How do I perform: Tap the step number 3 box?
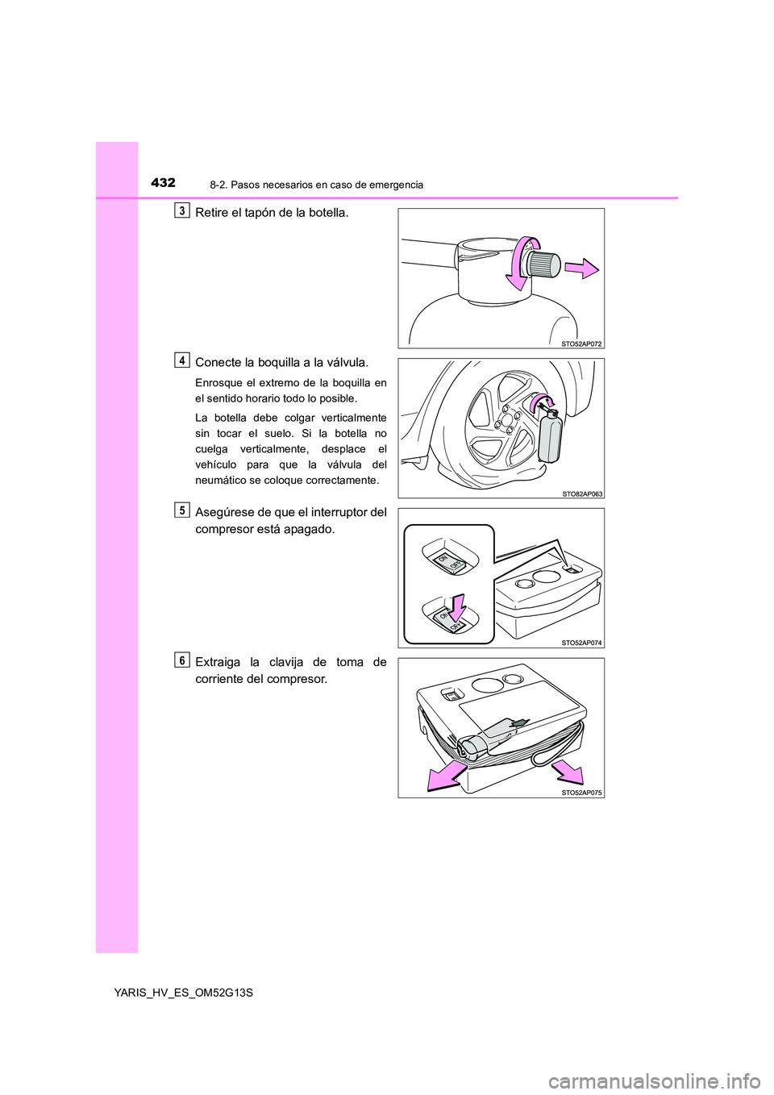(183, 211)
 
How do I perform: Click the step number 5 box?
(183, 510)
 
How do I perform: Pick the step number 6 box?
(183, 660)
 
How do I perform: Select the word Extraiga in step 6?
(218, 663)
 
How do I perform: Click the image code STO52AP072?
(581, 343)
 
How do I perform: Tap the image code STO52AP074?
(581, 643)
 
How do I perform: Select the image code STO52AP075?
(581, 793)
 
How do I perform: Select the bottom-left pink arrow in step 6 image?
(446, 776)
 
